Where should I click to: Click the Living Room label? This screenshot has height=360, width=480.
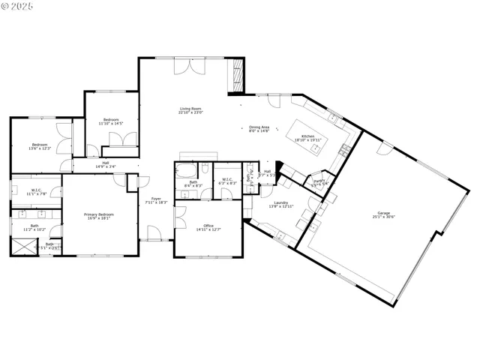[x=191, y=109]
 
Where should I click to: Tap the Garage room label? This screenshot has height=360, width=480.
[x=383, y=212]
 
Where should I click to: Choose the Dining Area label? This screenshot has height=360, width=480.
[x=260, y=127]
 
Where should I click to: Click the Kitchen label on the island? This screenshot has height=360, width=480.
[x=307, y=136]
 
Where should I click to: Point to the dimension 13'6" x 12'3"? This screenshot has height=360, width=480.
[x=40, y=148]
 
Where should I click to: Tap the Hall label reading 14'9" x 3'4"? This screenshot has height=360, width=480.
[x=105, y=167]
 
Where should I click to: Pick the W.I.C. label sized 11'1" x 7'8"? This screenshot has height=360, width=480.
[x=37, y=193]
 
